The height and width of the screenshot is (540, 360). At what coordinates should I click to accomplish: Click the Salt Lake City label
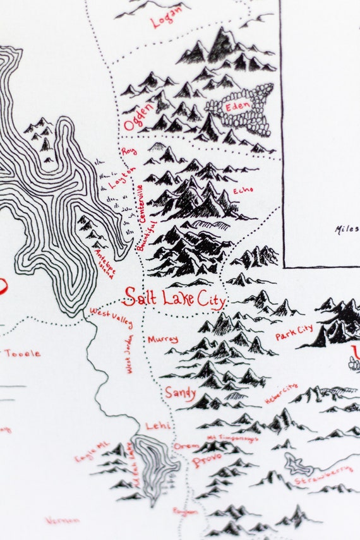click(174, 297)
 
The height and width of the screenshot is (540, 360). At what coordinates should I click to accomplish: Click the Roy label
click(129, 152)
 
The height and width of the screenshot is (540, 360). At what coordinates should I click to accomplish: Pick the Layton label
click(123, 177)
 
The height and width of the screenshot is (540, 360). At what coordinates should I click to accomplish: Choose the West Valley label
click(112, 317)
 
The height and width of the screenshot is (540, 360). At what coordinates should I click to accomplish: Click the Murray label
click(162, 339)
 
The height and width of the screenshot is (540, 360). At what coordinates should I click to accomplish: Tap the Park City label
click(294, 332)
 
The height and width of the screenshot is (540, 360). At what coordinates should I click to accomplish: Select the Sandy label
click(181, 392)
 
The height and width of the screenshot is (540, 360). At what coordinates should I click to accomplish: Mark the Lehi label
click(158, 426)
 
